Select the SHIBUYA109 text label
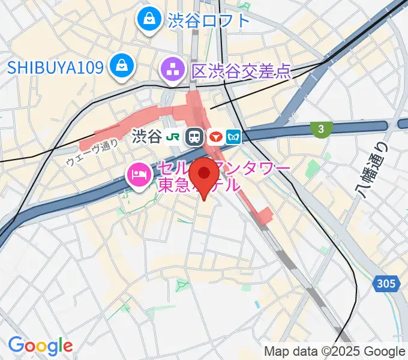pyautogui.click(x=55, y=66)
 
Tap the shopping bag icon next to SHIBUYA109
pyautogui.click(x=122, y=66)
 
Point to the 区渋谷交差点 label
pyautogui.click(x=241, y=72)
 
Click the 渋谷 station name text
pyautogui.click(x=146, y=137)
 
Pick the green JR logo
pyautogui.click(x=173, y=137)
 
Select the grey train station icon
pyautogui.click(x=194, y=137)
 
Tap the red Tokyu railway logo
pyautogui.click(x=217, y=137)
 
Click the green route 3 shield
pyautogui.click(x=322, y=128)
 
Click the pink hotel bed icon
pyautogui.click(x=138, y=174)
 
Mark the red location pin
pyautogui.click(x=206, y=175)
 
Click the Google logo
pyautogui.click(x=40, y=346)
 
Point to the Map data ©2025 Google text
pyautogui.click(x=335, y=351)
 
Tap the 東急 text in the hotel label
pyautogui.click(x=173, y=185)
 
